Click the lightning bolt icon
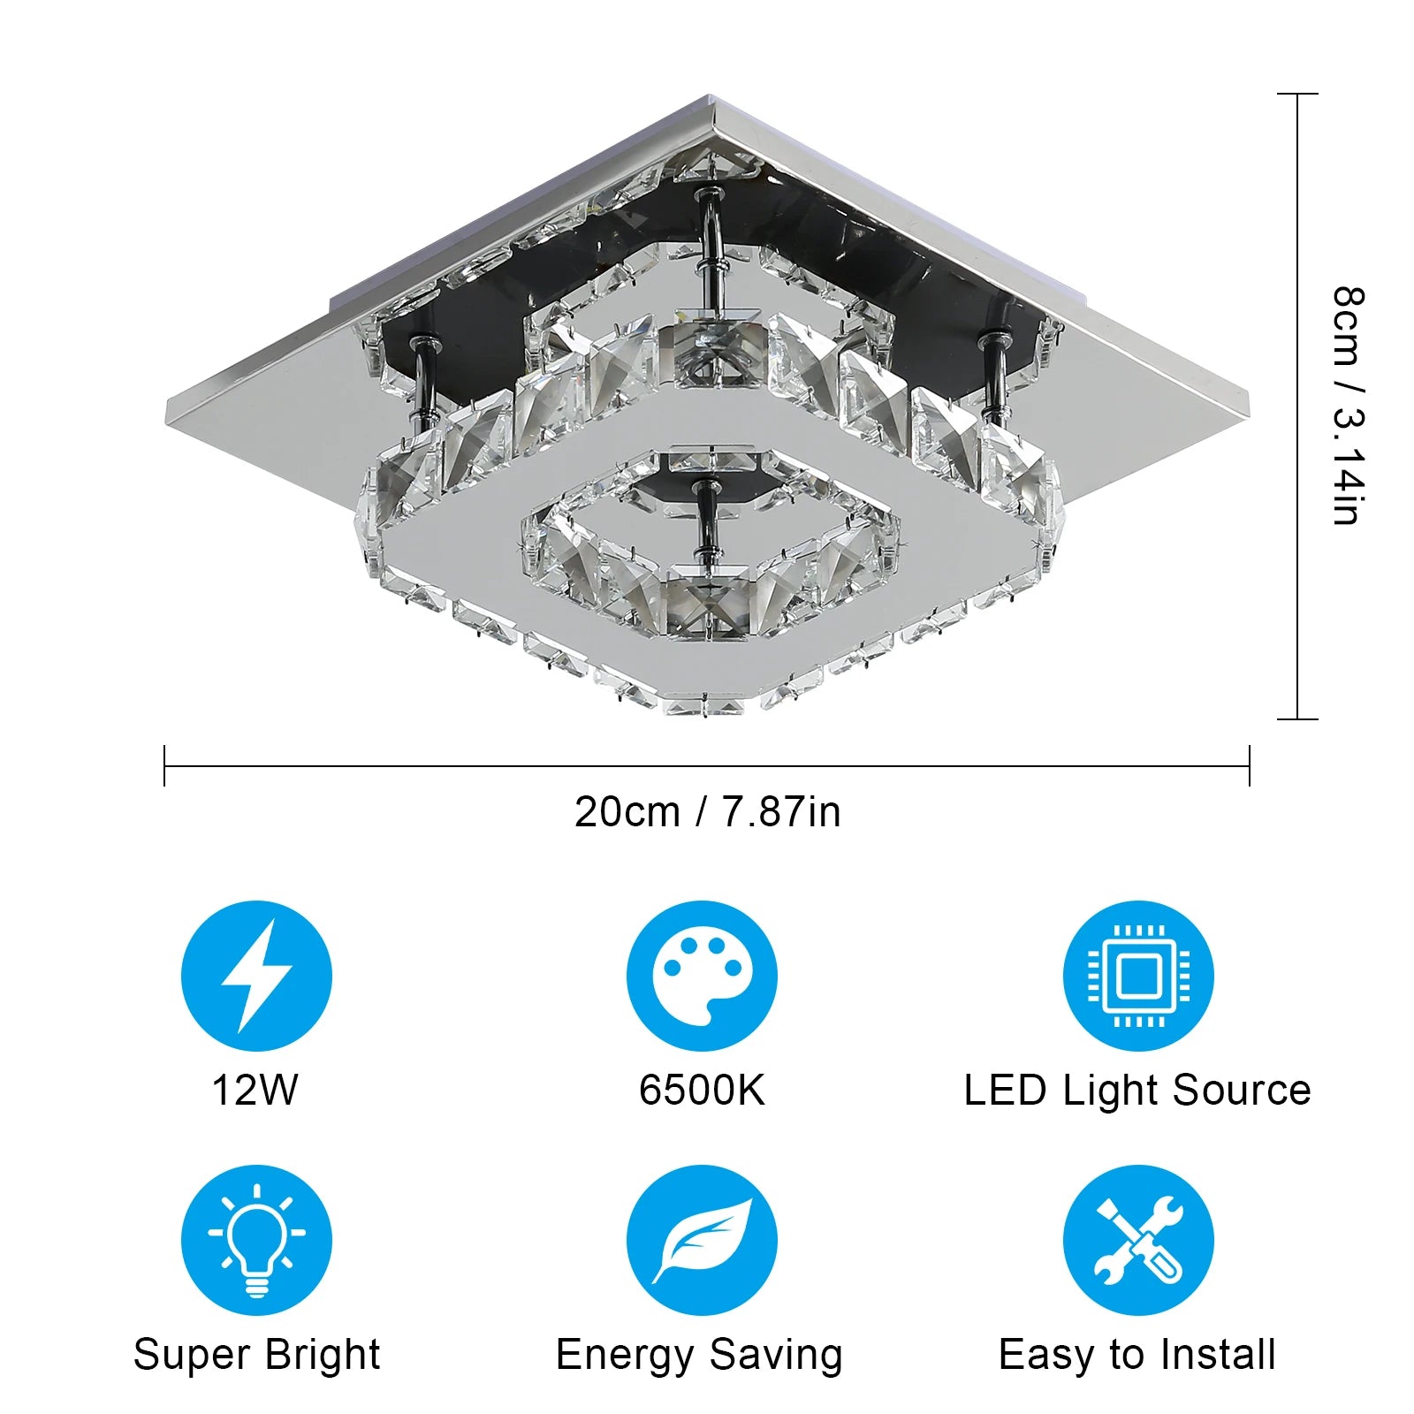click(256, 976)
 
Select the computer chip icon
click(1138, 976)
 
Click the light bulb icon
click(256, 1240)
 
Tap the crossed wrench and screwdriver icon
click(1138, 1240)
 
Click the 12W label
click(255, 1090)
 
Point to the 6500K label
click(702, 1090)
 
